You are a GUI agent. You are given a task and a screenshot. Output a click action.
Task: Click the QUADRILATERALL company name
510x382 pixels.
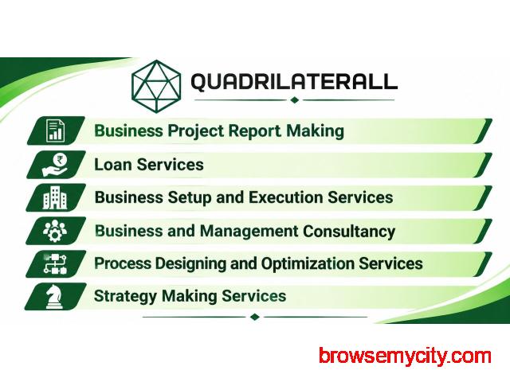pyautogui.click(x=294, y=81)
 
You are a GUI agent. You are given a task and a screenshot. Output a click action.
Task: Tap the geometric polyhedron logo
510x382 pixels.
pyautogui.click(x=156, y=87)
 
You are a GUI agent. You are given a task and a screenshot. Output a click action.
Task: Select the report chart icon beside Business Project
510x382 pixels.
pyautogui.click(x=55, y=131)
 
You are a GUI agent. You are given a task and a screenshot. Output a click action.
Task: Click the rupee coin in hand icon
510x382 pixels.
pyautogui.click(x=55, y=165)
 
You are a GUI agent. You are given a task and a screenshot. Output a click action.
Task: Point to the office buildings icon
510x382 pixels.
pyautogui.click(x=55, y=197)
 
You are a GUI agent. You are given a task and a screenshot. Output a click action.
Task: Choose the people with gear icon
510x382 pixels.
pyautogui.click(x=55, y=231)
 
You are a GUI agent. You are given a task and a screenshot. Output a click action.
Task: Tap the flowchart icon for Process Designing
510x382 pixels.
pyautogui.click(x=55, y=263)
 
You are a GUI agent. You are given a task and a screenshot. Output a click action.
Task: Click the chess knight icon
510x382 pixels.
pyautogui.click(x=54, y=297)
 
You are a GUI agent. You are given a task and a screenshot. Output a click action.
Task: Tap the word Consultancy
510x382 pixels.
pyautogui.click(x=349, y=232)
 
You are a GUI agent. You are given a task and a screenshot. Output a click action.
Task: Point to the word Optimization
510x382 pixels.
pyautogui.click(x=308, y=263)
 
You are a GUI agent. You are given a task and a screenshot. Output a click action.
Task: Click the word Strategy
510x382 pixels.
pyautogui.click(x=125, y=296)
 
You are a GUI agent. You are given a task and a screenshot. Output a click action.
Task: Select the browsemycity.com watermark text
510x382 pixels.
pyautogui.click(x=405, y=356)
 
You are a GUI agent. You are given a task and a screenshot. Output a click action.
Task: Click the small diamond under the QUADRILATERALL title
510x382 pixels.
pyautogui.click(x=295, y=99)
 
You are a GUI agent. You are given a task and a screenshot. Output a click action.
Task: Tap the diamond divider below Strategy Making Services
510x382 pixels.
pyautogui.click(x=255, y=317)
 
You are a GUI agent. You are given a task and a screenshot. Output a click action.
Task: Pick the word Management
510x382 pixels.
pyautogui.click(x=249, y=232)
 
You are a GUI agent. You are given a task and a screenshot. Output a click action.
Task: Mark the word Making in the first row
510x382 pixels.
pyautogui.click(x=315, y=131)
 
